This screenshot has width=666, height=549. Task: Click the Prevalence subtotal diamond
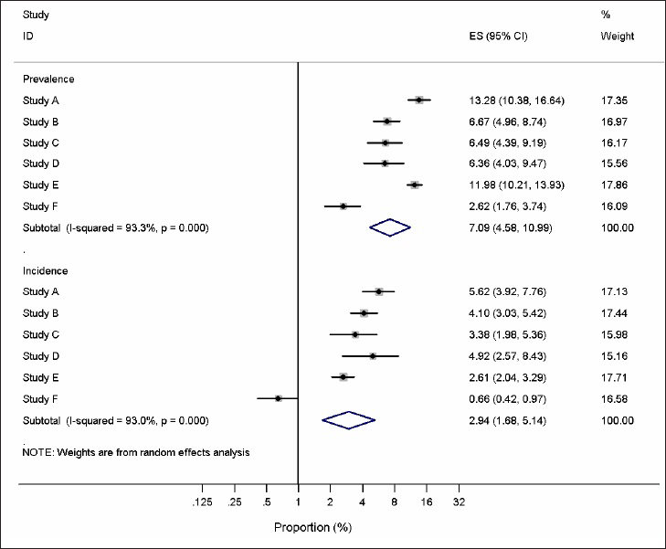[390, 227]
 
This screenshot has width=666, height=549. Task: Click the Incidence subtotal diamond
[348, 419]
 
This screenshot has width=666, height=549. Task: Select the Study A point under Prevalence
[418, 100]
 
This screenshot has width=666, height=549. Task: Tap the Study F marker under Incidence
[279, 398]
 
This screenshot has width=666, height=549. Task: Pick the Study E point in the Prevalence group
[414, 185]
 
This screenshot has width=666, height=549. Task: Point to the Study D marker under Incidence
[372, 355]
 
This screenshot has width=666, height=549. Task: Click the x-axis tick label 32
[460, 503]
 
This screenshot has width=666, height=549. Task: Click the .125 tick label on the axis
[202, 503]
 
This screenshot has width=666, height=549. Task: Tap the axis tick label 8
[395, 503]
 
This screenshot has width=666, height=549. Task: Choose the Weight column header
[617, 37]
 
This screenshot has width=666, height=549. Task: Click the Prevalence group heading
[48, 79]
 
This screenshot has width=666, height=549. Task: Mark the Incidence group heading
[45, 271]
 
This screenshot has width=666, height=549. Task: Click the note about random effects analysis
[136, 452]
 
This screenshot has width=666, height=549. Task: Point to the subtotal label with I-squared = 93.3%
[116, 227]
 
